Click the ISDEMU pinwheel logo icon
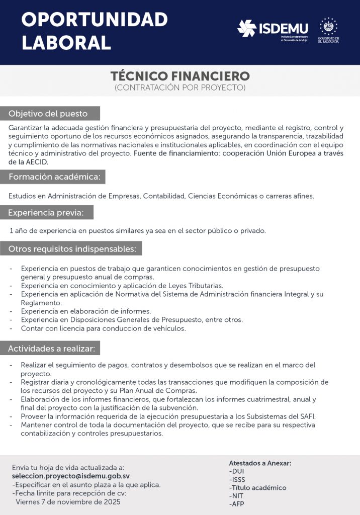pos(247,28)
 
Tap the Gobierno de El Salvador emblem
pos(328,26)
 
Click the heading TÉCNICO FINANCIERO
pos(180,76)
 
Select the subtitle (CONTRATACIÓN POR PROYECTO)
pos(180,88)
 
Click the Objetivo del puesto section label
pos(48,113)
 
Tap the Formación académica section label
pos(55,177)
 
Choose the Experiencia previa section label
pos(49,213)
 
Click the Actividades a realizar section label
pos(53,348)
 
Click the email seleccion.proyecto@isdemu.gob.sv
pos(71,476)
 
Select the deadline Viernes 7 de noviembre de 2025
pos(68,502)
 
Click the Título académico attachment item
pos(258,488)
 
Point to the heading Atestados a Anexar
pos(260,463)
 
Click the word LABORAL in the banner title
pos(66,42)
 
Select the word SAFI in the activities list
pos(307,416)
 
